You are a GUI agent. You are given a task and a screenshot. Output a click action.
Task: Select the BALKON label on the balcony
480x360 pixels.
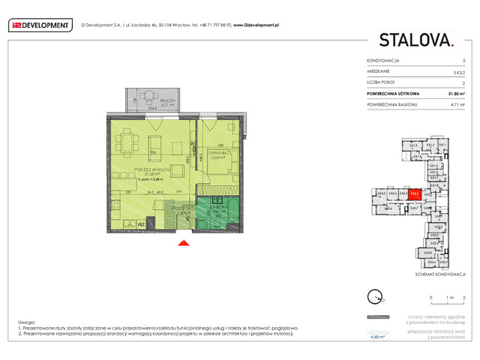[148, 99]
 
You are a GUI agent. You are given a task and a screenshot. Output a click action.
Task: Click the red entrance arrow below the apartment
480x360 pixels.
[180, 242]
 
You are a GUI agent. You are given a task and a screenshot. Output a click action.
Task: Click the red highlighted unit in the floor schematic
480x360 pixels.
[414, 193]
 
